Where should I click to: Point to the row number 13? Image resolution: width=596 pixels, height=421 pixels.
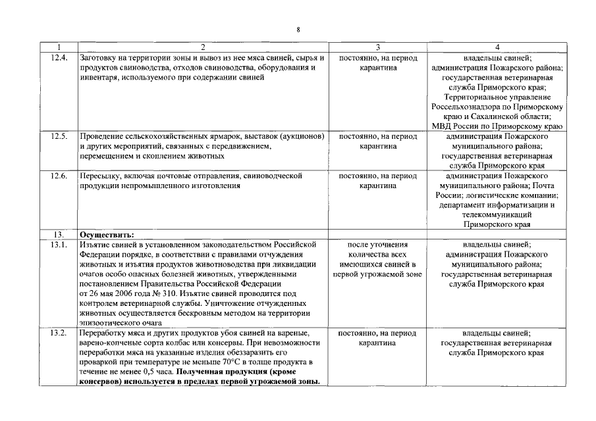coord(58,234)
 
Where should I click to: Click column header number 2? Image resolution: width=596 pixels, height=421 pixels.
coord(202,47)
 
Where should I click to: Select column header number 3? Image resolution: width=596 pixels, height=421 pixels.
coord(378,47)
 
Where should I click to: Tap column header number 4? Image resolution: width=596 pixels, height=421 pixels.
coord(497,47)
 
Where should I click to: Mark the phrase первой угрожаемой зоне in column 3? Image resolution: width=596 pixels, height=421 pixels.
coord(378,274)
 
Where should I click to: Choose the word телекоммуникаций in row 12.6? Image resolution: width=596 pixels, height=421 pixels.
coord(497,214)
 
